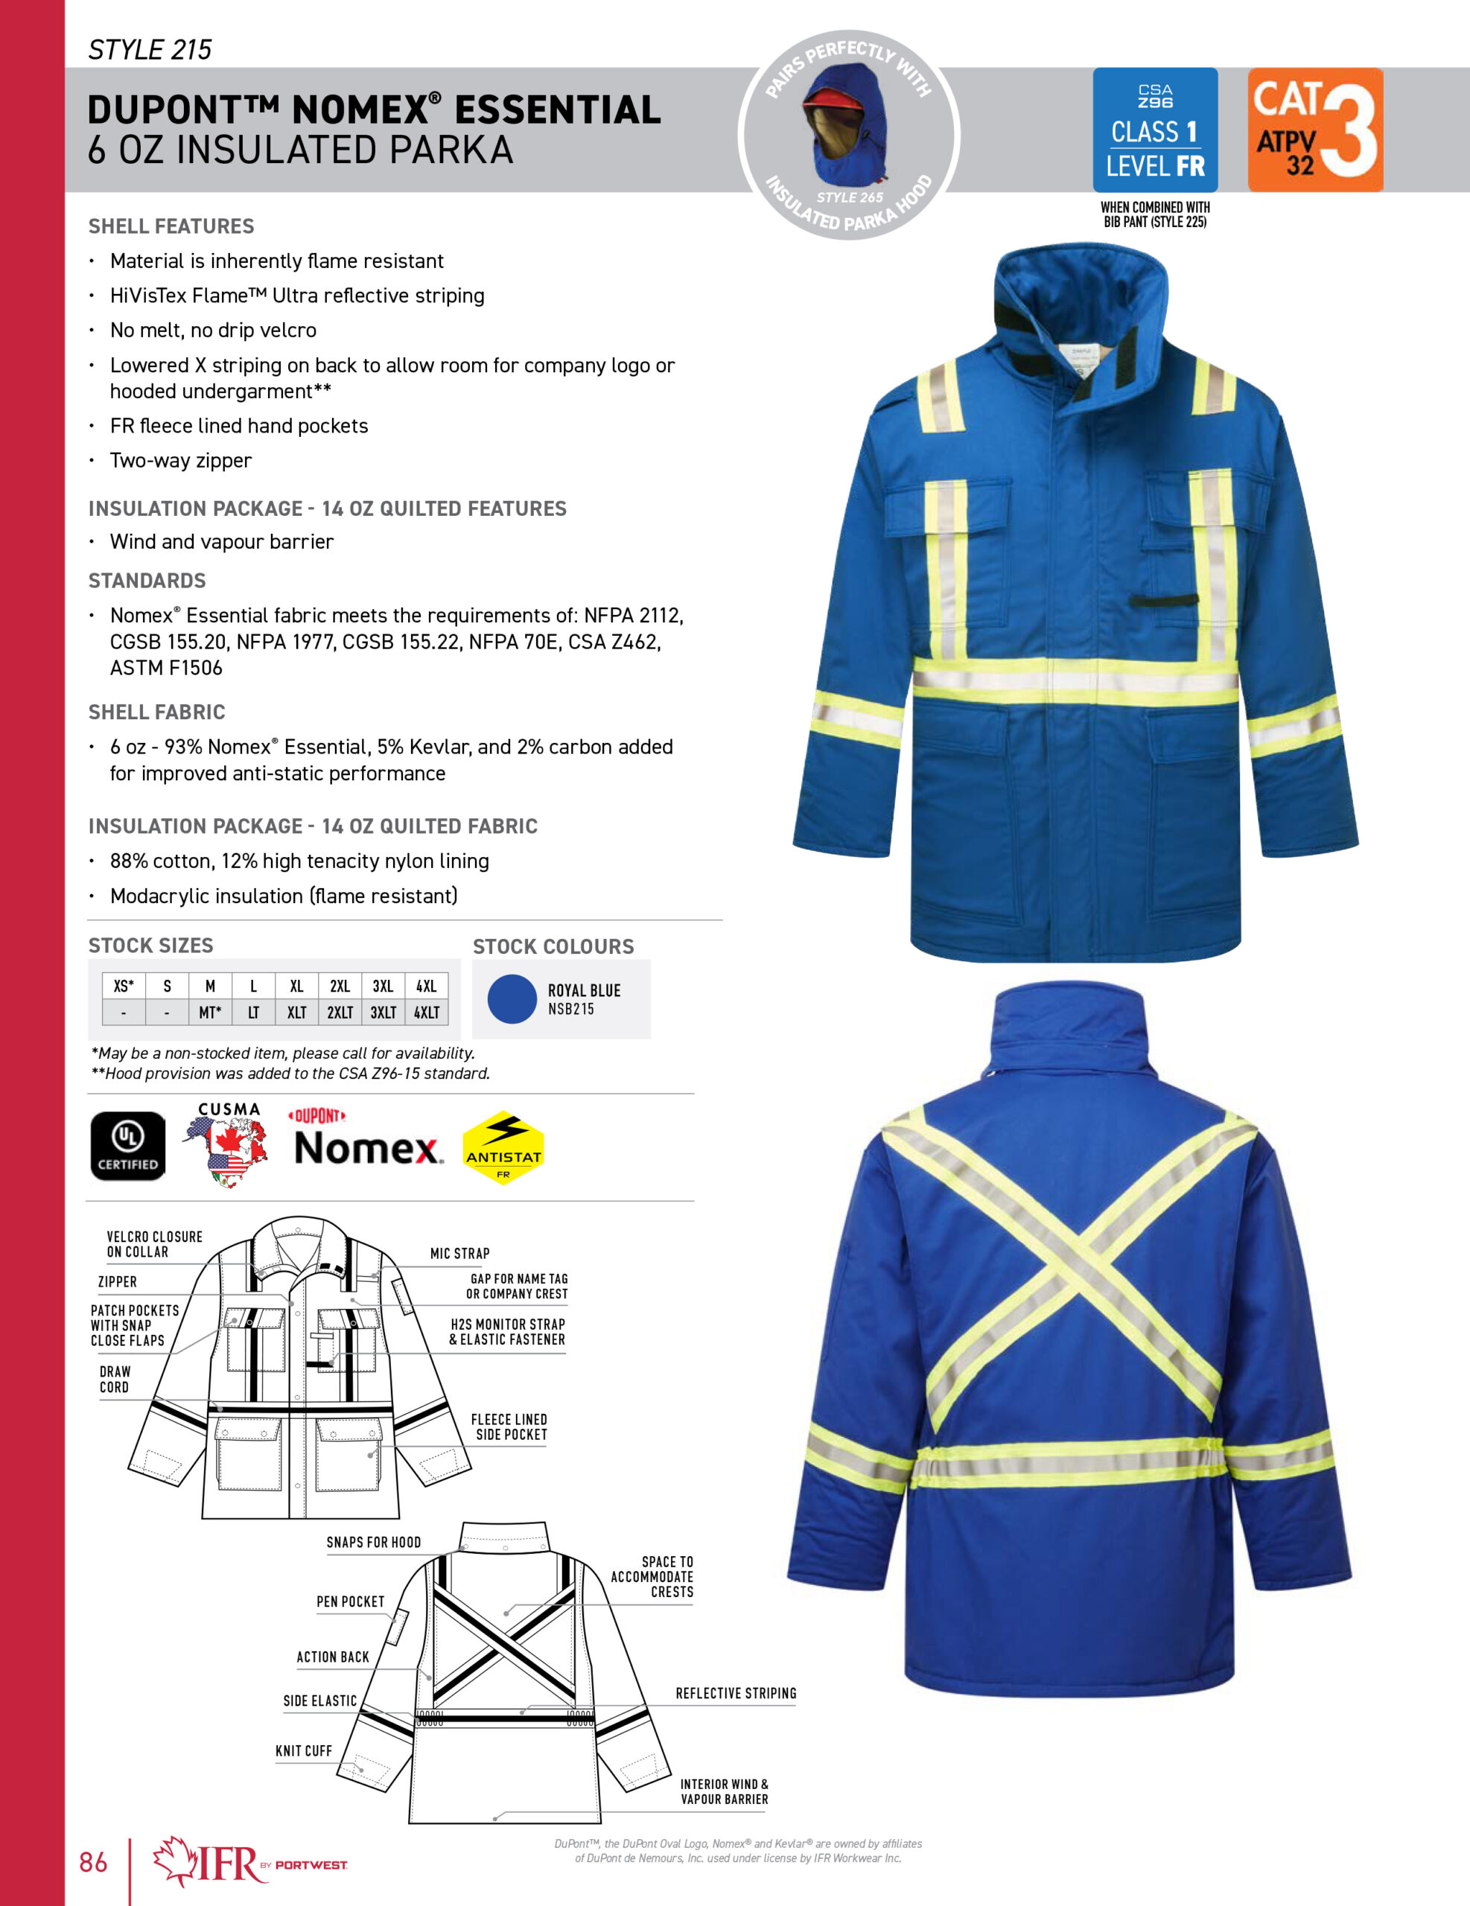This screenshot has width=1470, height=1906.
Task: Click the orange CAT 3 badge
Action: (x=1314, y=130)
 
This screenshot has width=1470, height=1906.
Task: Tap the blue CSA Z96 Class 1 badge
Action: (x=1154, y=130)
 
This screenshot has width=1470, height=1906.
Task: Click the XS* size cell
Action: (x=124, y=987)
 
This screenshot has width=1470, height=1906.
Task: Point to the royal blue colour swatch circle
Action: (x=512, y=998)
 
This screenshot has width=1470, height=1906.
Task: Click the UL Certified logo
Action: (x=127, y=1146)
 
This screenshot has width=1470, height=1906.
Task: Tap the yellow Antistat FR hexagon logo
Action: (x=503, y=1147)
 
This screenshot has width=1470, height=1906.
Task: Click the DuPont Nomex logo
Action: (x=366, y=1139)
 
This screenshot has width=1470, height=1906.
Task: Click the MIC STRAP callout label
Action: (x=459, y=1253)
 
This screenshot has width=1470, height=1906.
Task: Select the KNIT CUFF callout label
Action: (x=304, y=1750)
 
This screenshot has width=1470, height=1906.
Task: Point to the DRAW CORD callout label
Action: (x=115, y=1379)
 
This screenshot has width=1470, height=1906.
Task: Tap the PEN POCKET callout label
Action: (x=350, y=1601)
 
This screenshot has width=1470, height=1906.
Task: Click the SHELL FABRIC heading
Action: (x=156, y=712)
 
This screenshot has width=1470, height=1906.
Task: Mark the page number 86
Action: (x=93, y=1862)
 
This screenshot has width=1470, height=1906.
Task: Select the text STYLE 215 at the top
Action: (x=150, y=50)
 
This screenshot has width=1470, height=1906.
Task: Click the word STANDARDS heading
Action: (x=147, y=580)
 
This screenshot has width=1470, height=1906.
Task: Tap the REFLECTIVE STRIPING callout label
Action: (x=736, y=1693)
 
